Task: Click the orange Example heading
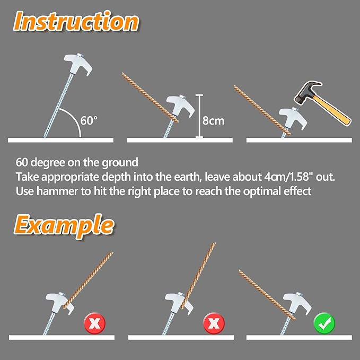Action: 64,225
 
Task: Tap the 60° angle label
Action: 89,120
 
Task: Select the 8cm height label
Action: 214,120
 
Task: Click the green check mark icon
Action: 323,322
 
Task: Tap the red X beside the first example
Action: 94,322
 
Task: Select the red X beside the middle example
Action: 214,322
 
